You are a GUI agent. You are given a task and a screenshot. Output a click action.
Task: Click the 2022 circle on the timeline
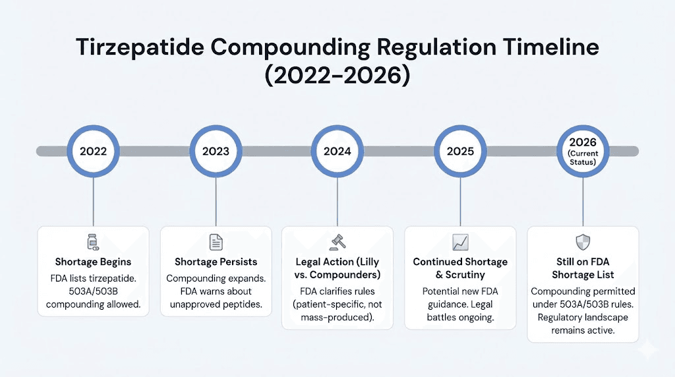click(93, 151)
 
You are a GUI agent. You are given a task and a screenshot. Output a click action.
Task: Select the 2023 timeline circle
click(216, 151)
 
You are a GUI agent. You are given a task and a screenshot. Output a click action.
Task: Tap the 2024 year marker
click(337, 151)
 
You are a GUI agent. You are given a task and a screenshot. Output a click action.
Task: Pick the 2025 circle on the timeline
click(460, 151)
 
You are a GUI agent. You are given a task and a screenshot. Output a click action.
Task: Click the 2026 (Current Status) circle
click(583, 151)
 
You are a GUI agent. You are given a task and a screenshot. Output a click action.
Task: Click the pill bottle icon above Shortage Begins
click(93, 242)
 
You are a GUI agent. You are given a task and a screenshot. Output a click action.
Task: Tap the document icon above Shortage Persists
click(216, 242)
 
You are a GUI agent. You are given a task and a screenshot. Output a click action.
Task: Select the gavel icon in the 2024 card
click(337, 242)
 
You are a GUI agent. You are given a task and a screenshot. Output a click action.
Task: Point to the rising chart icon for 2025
click(460, 242)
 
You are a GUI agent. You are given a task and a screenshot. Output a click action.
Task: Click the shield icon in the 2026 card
click(583, 241)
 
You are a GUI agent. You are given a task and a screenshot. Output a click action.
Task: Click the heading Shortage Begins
click(93, 262)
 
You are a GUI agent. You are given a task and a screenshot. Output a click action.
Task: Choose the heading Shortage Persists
click(216, 262)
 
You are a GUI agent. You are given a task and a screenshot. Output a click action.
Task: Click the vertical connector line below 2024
click(337, 201)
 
